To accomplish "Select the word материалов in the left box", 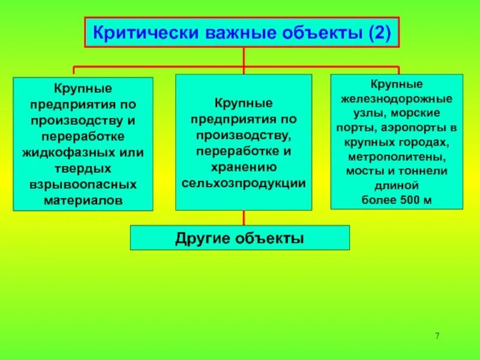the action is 83,200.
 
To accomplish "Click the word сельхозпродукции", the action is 244,183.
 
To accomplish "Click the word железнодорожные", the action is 397,99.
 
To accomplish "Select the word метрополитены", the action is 397,157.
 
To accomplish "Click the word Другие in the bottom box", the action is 201,238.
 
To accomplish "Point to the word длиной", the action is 397,185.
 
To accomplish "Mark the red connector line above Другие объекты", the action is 244,218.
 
